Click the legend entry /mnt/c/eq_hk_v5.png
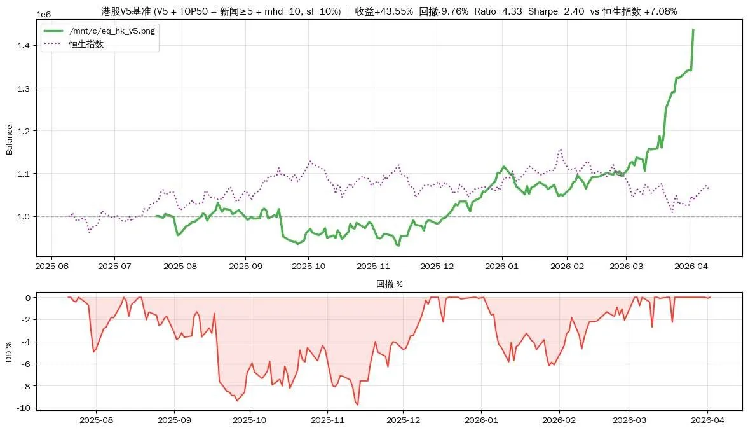[112, 31]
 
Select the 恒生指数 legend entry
[86, 44]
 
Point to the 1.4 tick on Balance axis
[24, 45]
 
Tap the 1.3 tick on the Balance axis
[24, 88]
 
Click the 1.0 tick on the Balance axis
[24, 216]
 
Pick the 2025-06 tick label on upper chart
[52, 266]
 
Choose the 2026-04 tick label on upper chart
[691, 266]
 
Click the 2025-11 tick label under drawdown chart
[327, 420]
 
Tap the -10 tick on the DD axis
[24, 408]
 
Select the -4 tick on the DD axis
[26, 342]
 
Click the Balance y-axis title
[9, 140]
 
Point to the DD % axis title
[9, 352]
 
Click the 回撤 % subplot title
[390, 284]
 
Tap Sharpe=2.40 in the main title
[555, 11]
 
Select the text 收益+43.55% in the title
[384, 11]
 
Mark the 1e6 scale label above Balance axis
[43, 15]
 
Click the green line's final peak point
[693, 30]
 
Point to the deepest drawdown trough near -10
[358, 405]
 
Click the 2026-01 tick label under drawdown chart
[481, 420]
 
